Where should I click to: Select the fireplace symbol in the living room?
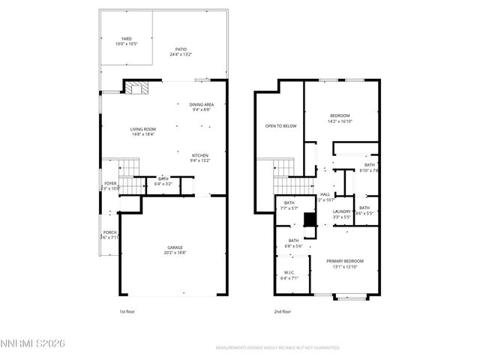(x=134, y=88)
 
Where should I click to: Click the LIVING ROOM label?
(x=142, y=131)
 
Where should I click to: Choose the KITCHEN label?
(x=200, y=157)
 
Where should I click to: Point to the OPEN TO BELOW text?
(x=281, y=126)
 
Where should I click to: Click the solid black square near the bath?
(x=308, y=220)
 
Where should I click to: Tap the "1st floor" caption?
(x=127, y=311)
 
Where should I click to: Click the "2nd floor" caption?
(x=282, y=311)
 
